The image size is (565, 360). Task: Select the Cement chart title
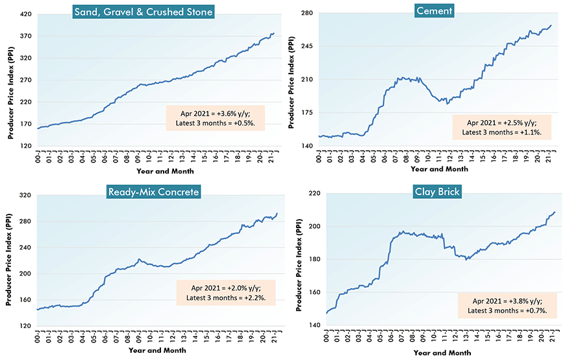434,11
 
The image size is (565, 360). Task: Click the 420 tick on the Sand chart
26,13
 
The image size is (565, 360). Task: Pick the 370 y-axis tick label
26,36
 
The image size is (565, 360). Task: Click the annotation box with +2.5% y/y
501,127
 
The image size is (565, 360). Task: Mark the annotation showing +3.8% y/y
507,305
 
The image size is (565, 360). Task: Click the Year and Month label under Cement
438,169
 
